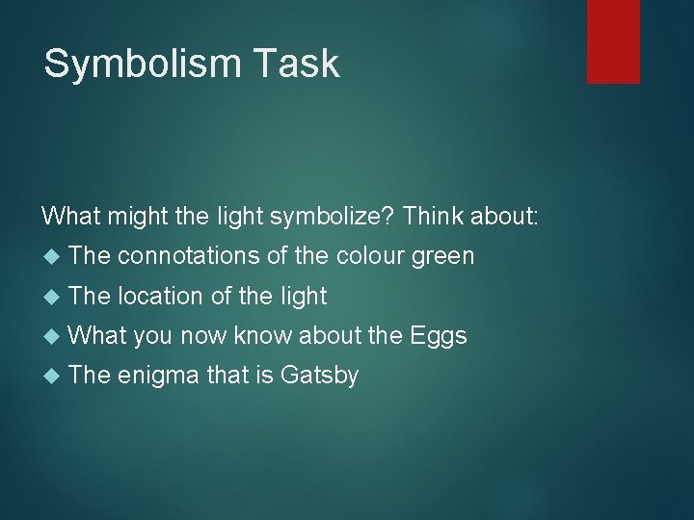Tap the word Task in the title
click(x=303, y=64)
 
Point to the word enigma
click(x=160, y=376)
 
